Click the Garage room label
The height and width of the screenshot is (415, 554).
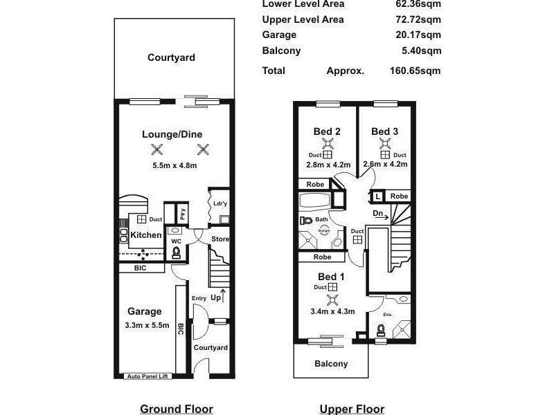click(144, 311)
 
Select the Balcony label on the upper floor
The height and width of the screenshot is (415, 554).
click(331, 363)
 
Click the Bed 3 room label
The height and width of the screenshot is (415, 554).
click(384, 131)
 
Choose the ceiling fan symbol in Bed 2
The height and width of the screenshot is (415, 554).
click(328, 145)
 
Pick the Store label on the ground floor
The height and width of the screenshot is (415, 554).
click(220, 239)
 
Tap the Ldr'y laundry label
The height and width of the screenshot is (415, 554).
click(220, 205)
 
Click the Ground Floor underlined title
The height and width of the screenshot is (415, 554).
click(177, 409)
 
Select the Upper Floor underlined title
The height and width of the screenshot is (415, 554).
click(352, 409)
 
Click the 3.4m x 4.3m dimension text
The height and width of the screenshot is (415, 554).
click(333, 311)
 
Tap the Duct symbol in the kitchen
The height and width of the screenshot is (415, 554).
click(141, 219)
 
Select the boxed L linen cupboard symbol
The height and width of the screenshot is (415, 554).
click(377, 196)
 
